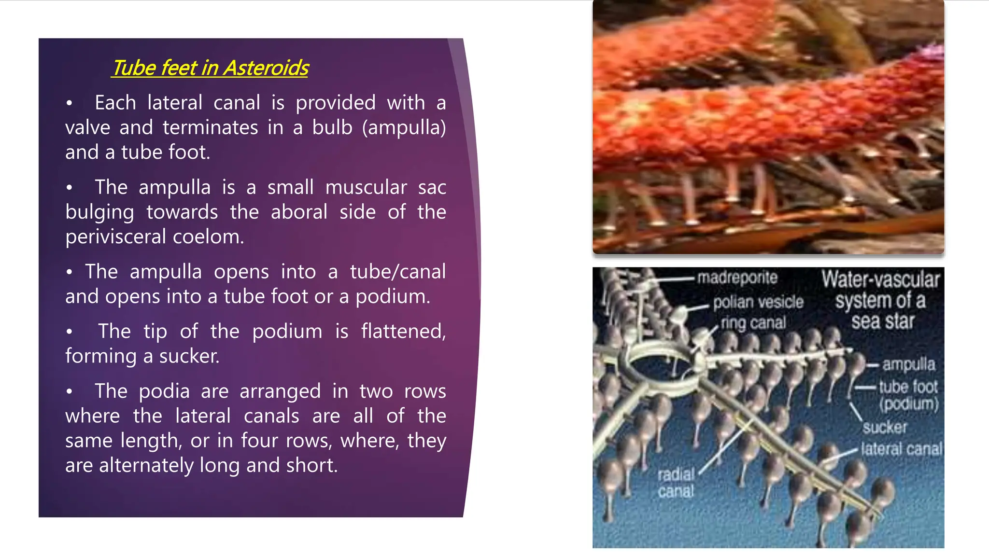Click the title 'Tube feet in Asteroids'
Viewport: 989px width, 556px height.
(x=210, y=68)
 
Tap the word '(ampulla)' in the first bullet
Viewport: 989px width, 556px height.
(x=404, y=128)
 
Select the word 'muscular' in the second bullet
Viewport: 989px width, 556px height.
(x=366, y=188)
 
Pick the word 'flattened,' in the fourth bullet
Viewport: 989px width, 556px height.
(x=403, y=332)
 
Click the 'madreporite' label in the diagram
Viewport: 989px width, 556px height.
(x=737, y=278)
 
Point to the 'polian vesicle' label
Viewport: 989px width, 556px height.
(x=758, y=302)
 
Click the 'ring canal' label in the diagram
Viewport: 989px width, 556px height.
(x=753, y=322)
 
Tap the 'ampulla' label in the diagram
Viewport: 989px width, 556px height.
(x=908, y=364)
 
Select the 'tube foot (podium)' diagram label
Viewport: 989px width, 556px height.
(x=908, y=394)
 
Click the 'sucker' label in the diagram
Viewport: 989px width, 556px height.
(x=885, y=427)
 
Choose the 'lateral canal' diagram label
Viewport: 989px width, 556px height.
(x=901, y=449)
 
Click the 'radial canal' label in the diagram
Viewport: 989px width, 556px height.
(x=676, y=483)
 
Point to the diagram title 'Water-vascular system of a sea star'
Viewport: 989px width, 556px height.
(x=880, y=300)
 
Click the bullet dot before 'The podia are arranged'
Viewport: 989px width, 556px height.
(x=70, y=392)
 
